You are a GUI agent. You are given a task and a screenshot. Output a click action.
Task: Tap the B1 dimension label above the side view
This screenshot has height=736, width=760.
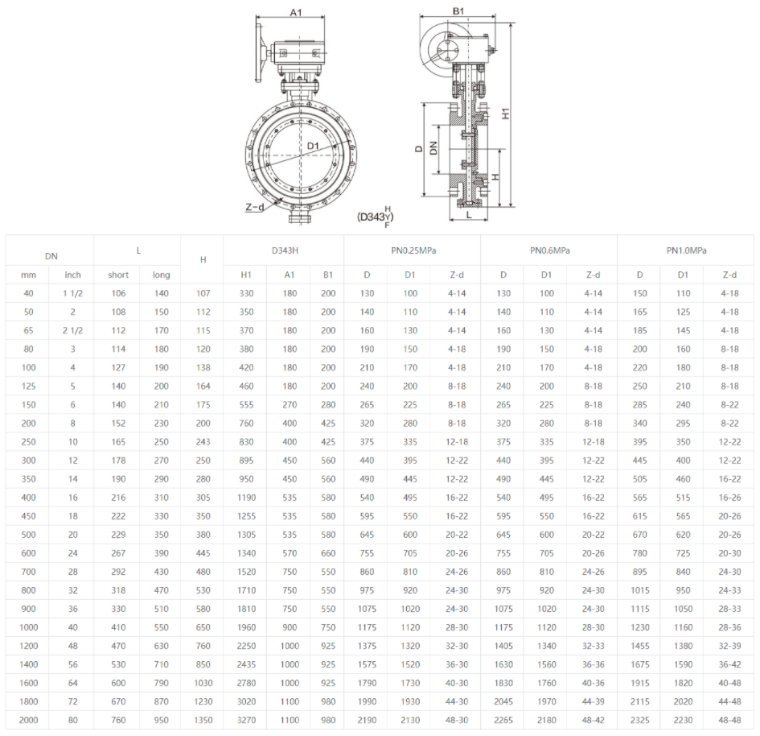pyautogui.click(x=458, y=11)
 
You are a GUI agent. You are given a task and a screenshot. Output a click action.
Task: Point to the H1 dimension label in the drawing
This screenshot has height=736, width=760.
pyautogui.click(x=506, y=114)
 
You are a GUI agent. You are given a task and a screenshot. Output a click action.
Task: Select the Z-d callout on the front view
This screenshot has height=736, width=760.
pyautogui.click(x=254, y=207)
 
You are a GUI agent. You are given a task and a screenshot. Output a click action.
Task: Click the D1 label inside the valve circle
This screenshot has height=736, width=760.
pyautogui.click(x=314, y=146)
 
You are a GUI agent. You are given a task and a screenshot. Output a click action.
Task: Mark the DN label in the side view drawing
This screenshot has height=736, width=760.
pyautogui.click(x=433, y=147)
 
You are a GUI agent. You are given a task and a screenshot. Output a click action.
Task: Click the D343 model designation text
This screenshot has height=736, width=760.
pyautogui.click(x=376, y=217)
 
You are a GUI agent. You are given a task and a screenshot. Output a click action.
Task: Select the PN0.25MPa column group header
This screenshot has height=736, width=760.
pyautogui.click(x=412, y=250)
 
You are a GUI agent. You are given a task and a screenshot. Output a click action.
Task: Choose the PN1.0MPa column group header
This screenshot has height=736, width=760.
pyautogui.click(x=686, y=250)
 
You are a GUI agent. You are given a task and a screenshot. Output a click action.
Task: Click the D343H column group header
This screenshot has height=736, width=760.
pyautogui.click(x=284, y=250)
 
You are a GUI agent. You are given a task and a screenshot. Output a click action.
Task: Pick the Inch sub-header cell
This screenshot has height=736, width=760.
pyautogui.click(x=72, y=275)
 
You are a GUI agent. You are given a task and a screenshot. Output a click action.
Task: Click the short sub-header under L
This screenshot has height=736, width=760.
pyautogui.click(x=118, y=275)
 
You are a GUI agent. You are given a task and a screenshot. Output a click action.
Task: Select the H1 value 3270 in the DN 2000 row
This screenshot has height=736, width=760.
pyautogui.click(x=246, y=720)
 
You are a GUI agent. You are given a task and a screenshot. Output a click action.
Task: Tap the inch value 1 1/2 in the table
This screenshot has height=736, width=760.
pyautogui.click(x=72, y=293)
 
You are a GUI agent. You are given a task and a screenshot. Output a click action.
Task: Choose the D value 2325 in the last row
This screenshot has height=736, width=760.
pyautogui.click(x=640, y=720)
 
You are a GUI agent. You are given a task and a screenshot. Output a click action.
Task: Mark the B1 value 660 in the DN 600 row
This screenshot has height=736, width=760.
pyautogui.click(x=328, y=552)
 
